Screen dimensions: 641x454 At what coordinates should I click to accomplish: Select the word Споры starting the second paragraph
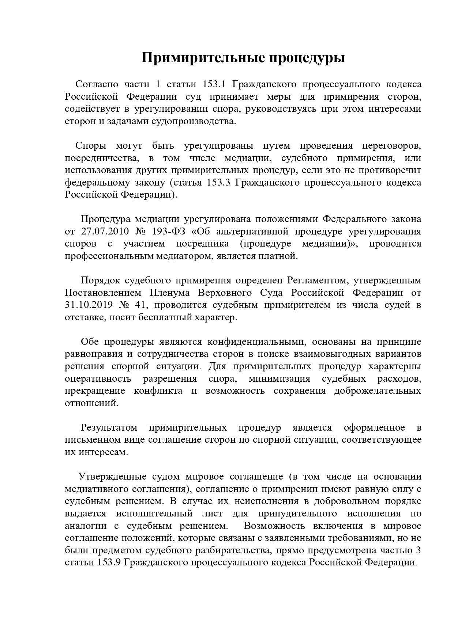pos(91,146)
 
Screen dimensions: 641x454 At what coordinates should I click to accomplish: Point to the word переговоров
pos(391,146)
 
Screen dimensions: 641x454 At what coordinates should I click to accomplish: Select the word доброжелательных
pos(378,391)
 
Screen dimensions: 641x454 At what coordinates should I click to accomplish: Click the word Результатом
pos(109,428)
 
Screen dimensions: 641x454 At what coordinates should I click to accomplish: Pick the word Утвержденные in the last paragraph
pos(113,477)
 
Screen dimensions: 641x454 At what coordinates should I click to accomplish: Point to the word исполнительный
pos(154,514)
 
